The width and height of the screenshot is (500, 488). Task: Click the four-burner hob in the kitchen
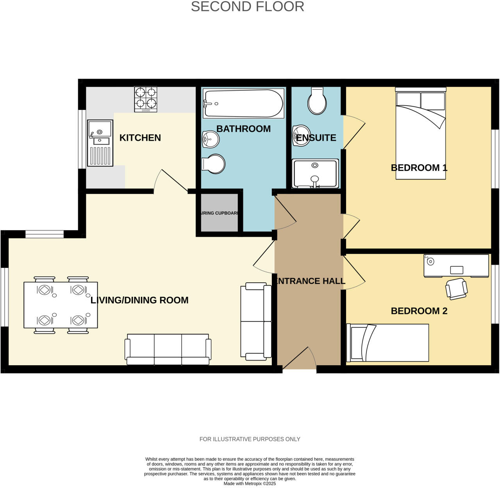click(x=146, y=99)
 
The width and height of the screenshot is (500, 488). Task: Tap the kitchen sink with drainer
click(x=100, y=143)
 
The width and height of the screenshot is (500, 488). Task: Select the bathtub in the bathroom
click(x=243, y=104)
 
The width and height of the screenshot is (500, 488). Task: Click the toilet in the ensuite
click(x=317, y=101)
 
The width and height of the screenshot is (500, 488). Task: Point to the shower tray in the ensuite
click(x=315, y=174)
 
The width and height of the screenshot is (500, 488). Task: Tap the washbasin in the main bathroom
click(x=211, y=139)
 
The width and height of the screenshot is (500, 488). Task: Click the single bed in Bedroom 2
click(x=387, y=343)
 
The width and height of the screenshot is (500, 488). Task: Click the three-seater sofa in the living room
click(x=168, y=349)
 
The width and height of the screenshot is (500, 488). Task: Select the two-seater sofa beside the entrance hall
click(x=256, y=321)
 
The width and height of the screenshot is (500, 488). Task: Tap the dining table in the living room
click(x=61, y=305)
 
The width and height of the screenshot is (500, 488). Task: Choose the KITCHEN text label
click(x=140, y=138)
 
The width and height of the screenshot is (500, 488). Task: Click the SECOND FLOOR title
click(x=247, y=7)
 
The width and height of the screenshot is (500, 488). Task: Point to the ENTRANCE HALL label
click(x=309, y=281)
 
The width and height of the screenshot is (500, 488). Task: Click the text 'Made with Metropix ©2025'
click(x=250, y=484)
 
